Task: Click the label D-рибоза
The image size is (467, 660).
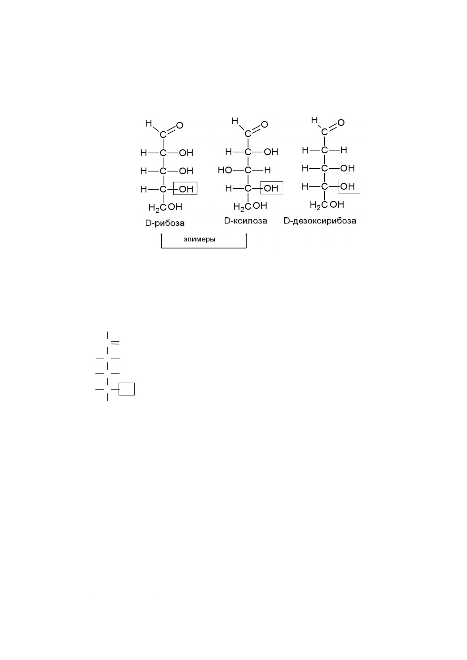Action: coord(165,223)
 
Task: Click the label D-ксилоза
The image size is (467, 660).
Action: coord(246,221)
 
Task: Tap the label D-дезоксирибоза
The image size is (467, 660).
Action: coord(320,221)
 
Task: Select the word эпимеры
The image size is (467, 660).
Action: coord(199,240)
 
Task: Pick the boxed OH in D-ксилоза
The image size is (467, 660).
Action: coord(271,188)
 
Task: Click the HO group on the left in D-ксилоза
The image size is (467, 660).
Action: coord(225,170)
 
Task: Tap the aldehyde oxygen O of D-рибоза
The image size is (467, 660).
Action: coord(180,125)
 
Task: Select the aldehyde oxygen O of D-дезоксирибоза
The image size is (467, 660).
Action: coord(341,122)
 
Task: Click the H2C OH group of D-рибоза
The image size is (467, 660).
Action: coord(165,207)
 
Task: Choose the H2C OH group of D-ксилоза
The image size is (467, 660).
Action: coord(250,206)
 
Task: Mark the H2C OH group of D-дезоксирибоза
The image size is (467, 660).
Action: coord(327,205)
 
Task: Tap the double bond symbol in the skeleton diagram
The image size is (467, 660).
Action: coord(115,343)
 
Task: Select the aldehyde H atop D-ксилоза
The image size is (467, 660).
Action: coord(235,121)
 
